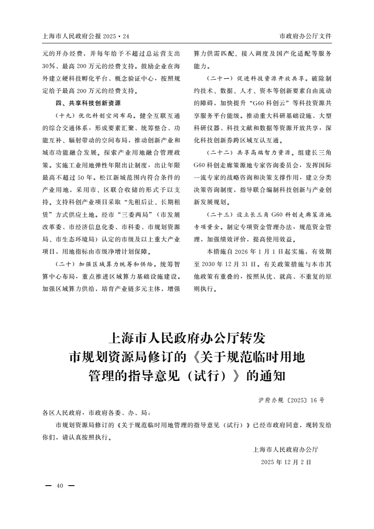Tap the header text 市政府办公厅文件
[305, 36]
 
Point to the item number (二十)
[66, 264]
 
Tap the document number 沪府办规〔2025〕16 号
[291, 400]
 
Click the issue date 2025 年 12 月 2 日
[286, 462]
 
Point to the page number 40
[59, 486]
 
